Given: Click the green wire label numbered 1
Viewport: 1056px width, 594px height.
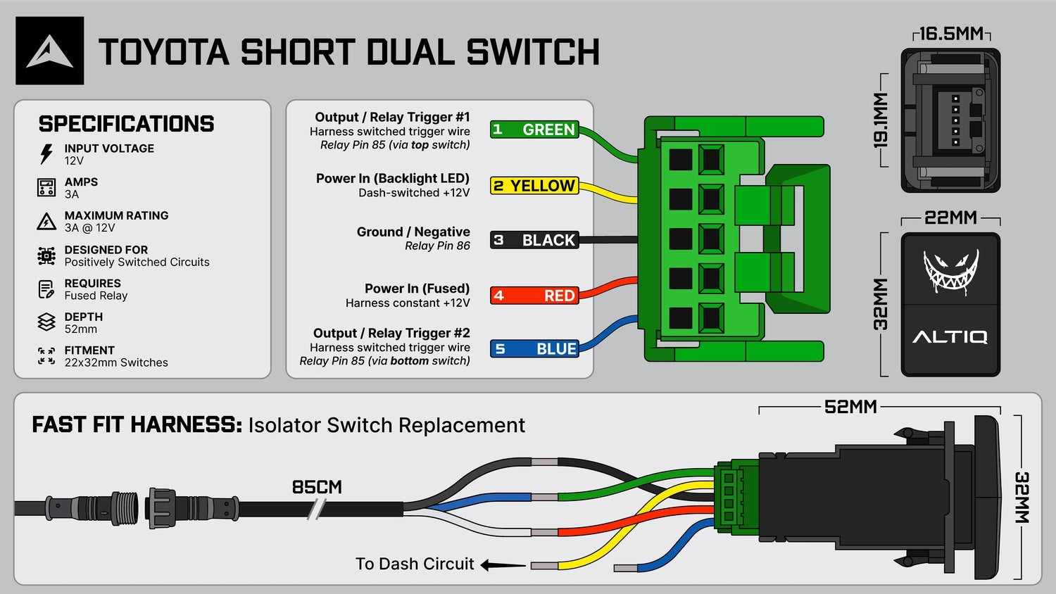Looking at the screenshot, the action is pos(534,129).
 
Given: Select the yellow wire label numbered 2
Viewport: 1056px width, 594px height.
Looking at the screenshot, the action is pos(534,186).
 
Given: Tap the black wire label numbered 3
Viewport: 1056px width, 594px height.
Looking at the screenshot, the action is pos(534,240).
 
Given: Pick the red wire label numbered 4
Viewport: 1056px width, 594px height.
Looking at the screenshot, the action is pos(534,296).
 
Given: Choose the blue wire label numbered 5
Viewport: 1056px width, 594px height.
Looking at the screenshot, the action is pos(534,349).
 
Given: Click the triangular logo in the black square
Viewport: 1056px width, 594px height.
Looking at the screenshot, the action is pos(49,52).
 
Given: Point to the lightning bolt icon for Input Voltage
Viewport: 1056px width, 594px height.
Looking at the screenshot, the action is pos(46,154).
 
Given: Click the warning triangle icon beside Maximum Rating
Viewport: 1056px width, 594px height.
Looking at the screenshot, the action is pos(46,221).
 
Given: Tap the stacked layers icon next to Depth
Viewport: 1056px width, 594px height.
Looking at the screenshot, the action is pos(46,322).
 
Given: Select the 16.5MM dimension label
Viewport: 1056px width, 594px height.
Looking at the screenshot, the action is pos(951,34).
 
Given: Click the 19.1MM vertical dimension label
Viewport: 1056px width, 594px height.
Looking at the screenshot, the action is pos(880,120).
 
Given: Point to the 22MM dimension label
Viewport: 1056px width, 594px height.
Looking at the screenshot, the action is pos(950,217).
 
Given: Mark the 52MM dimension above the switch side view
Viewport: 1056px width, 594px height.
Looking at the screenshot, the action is pos(850,407).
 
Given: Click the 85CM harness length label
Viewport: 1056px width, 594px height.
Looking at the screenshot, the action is pos(317,487).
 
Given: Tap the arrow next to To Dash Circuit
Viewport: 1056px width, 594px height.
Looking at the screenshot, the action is pos(503,564).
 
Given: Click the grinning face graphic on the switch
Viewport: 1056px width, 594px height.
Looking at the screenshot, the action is pos(951,272).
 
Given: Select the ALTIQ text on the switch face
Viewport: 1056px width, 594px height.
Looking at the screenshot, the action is pos(950,337).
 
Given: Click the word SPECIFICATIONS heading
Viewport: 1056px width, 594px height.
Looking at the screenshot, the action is pos(126,124).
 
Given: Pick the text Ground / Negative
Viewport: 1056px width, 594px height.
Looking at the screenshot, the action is pos(413,232).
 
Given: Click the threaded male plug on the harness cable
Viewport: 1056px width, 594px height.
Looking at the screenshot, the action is pos(92,508).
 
